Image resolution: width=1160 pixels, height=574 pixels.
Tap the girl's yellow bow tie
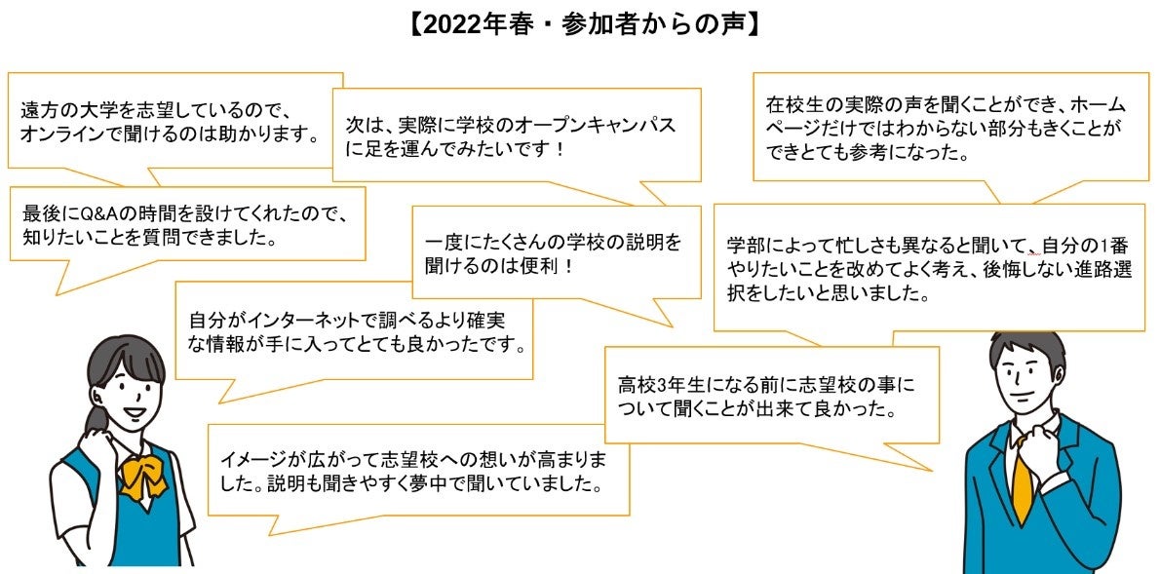pos(142,475)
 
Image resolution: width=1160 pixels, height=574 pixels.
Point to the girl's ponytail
pos(96,418)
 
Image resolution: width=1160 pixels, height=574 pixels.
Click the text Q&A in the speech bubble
pos(101,213)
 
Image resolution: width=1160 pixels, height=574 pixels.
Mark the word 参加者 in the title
pos(589,24)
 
